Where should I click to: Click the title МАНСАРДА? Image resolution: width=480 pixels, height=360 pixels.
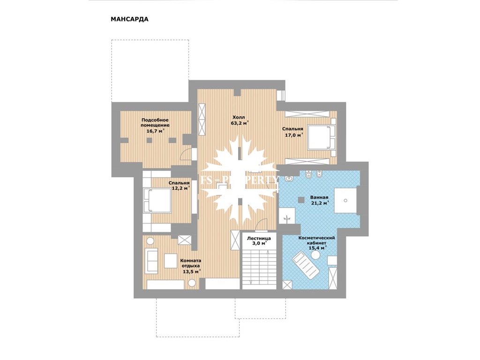pos(129,19)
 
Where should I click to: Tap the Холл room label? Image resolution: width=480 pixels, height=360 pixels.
pos(239,117)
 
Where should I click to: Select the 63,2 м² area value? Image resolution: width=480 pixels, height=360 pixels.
pos(240,123)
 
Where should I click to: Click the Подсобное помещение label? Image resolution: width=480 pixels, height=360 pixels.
pos(155,122)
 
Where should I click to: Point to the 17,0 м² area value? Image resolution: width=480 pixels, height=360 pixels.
pos(294,135)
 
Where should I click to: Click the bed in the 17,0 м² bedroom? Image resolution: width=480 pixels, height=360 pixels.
pos(321,137)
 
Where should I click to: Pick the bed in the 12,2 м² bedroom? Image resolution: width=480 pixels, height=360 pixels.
pos(157,200)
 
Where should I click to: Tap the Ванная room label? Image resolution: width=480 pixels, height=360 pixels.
pos(319,197)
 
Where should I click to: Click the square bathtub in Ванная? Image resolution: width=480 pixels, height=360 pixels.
pos(345,201)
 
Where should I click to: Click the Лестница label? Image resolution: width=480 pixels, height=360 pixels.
pos(259,238)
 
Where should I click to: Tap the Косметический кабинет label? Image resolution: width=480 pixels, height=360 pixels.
pos(316,240)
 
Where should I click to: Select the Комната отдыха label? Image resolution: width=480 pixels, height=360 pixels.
pos(190,263)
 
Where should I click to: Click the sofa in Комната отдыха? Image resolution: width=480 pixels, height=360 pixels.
pos(151,260)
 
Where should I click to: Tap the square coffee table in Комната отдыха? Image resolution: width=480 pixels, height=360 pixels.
pos(171,261)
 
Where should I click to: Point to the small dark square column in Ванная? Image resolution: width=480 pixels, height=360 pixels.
pos(301,199)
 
